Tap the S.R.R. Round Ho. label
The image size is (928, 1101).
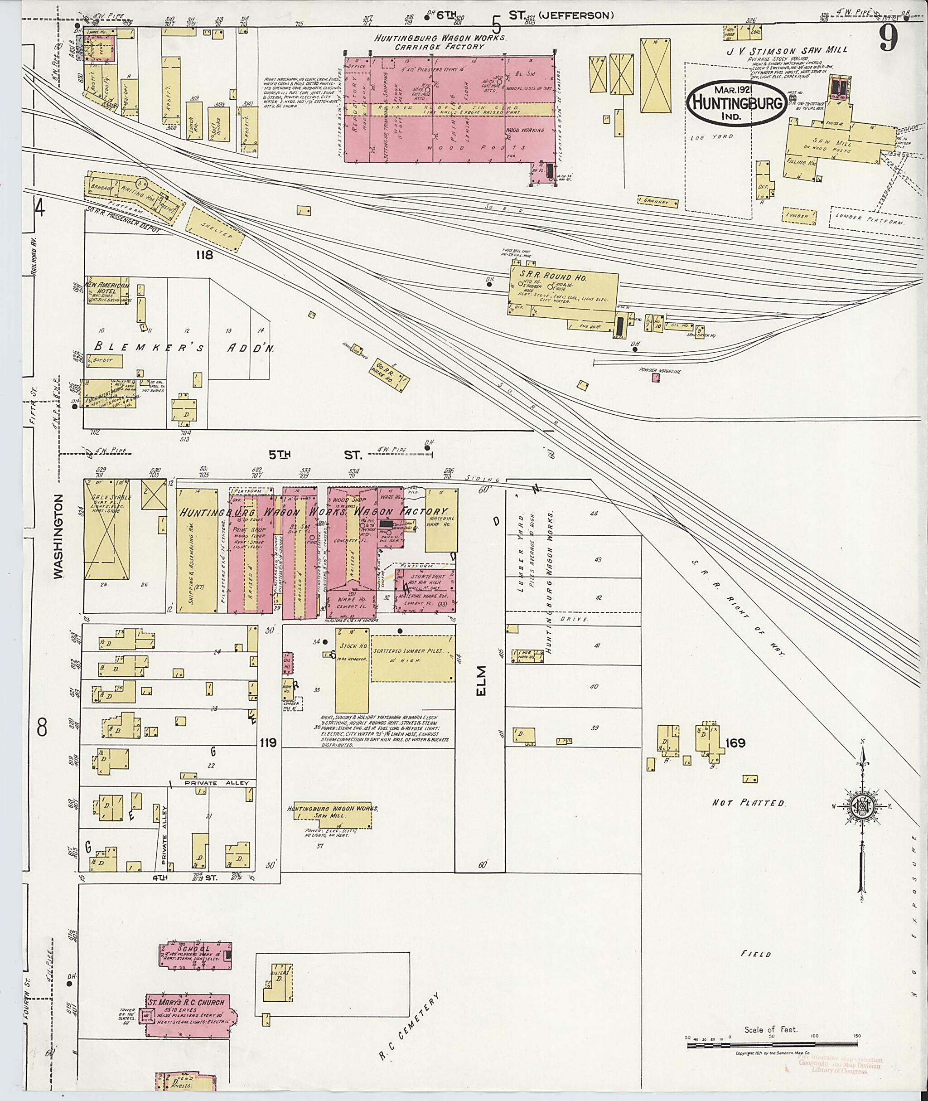pyautogui.click(x=558, y=277)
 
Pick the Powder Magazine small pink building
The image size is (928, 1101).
pyautogui.click(x=656, y=377)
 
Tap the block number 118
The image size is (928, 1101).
pyautogui.click(x=203, y=255)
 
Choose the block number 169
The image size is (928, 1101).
pyautogui.click(x=735, y=742)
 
